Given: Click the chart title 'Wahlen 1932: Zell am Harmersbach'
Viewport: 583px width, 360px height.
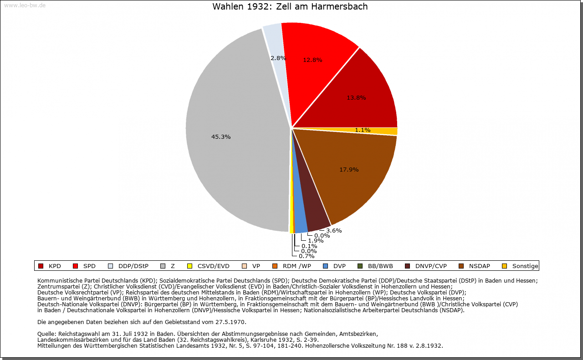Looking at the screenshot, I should coord(290,7).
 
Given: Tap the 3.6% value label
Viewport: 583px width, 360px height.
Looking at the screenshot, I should coord(334,231).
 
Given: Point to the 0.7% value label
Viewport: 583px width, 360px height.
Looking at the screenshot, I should coord(307,256).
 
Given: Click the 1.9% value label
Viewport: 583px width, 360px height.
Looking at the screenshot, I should coord(316,241).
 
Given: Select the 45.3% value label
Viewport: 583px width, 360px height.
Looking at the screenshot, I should coord(221,137).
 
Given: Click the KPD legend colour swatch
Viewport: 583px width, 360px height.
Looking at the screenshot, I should coord(41,266).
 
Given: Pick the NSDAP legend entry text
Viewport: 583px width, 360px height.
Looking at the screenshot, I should coord(480,266).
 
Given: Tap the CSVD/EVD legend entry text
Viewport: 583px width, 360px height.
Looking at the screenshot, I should coord(213,266).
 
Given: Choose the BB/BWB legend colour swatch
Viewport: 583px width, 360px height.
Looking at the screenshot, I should coord(360,266).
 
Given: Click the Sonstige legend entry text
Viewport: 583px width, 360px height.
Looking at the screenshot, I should coord(525,266).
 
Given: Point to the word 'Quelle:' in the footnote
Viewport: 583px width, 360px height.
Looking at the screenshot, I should coord(47,334).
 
